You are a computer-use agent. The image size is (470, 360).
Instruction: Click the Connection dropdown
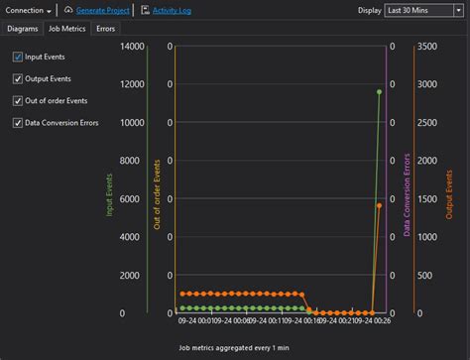tap(29, 10)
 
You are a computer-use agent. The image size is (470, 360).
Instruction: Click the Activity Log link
tap(172, 10)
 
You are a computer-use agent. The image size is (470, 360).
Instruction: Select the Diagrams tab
tap(22, 29)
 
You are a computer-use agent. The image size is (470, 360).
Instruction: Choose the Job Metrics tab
tap(67, 29)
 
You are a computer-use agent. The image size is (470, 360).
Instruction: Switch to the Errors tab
tap(105, 29)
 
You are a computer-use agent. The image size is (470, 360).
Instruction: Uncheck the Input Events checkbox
tap(18, 58)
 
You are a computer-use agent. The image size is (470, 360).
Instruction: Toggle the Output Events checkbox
tap(18, 79)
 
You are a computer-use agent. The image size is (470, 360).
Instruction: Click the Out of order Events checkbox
tap(18, 101)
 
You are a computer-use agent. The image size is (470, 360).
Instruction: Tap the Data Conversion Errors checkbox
tap(18, 123)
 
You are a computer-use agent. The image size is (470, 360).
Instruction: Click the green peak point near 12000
tap(379, 91)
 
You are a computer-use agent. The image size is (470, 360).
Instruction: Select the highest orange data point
tap(379, 205)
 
